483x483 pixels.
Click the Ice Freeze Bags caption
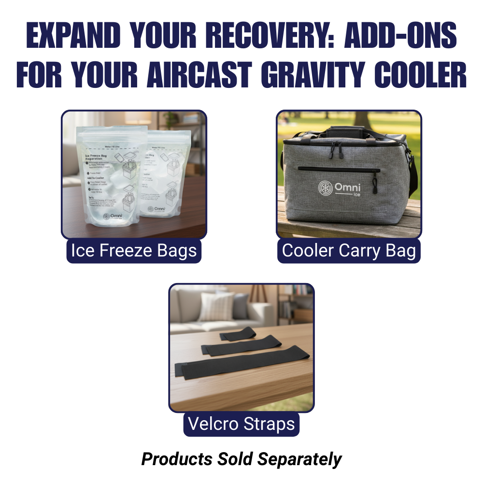click(134, 251)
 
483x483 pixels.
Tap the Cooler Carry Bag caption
click(349, 251)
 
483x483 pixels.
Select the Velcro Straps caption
click(241, 424)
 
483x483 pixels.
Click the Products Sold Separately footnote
click(241, 459)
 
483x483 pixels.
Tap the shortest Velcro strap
click(239, 333)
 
